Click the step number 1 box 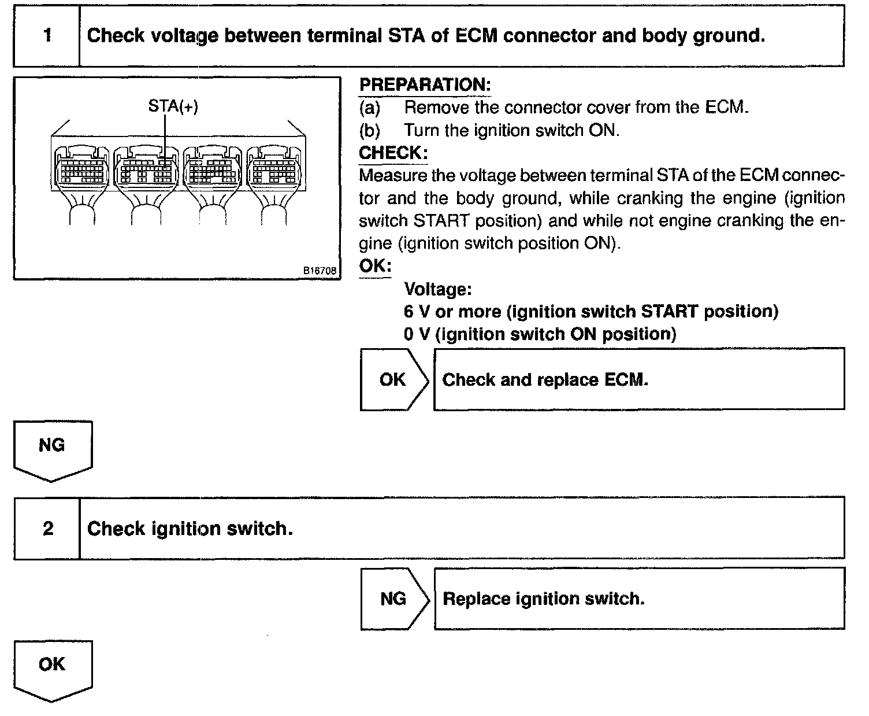[47, 36]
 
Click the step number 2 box [47, 528]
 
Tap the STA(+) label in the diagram [173, 106]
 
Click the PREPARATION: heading [425, 85]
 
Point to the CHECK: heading [393, 153]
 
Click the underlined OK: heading [375, 266]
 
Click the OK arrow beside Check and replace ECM [394, 379]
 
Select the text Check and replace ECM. [545, 380]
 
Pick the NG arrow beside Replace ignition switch [395, 599]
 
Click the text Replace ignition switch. [543, 599]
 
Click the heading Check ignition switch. [190, 529]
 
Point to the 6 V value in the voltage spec [417, 312]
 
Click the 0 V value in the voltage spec [417, 334]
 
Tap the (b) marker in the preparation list [370, 130]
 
